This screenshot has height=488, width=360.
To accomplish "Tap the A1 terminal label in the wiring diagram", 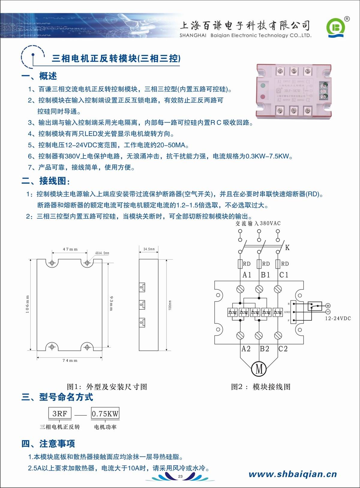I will pos(247,275).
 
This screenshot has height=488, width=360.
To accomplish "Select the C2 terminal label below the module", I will pos(283,349).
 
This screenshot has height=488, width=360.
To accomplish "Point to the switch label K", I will pos(287,248).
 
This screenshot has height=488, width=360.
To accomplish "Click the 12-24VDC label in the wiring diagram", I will pos(338,318).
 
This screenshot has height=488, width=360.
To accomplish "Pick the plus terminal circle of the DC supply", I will pos(328,306).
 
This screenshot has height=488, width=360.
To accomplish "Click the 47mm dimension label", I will pos(70,249).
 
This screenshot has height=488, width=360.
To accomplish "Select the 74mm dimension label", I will pos(70,361).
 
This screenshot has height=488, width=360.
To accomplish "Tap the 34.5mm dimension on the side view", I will pos(149,249).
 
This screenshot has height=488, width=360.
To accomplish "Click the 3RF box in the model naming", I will pos(60,414).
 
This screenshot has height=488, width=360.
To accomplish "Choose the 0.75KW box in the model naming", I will pos(105,414).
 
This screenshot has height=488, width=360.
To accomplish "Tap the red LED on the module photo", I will pos(263,97).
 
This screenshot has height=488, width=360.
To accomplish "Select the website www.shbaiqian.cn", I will pos(293,474).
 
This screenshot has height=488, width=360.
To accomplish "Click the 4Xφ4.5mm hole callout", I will pos(102,253).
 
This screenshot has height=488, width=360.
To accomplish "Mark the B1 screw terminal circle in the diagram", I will pos(259,289).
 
